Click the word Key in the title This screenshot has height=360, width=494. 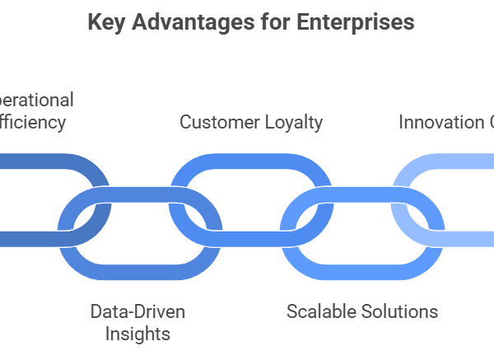click(x=106, y=23)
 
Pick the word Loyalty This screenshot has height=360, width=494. click(x=294, y=123)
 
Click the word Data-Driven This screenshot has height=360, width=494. click(x=137, y=312)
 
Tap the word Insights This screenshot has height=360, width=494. click(x=137, y=334)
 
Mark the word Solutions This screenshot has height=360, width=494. click(x=402, y=312)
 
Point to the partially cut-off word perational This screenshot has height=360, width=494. click(x=37, y=101)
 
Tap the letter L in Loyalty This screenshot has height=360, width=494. click(x=268, y=123)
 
